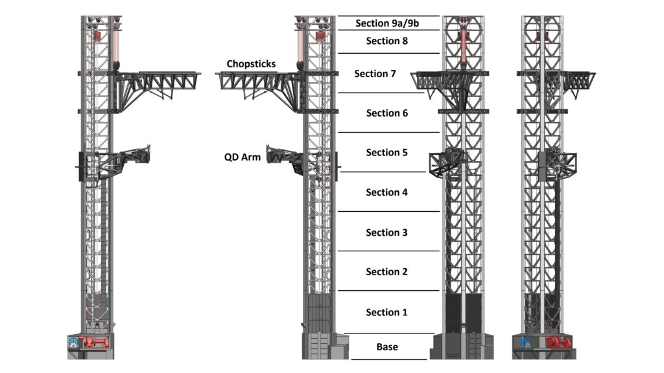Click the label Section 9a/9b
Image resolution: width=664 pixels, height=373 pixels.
point(386,24)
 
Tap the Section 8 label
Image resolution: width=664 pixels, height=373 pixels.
point(386,41)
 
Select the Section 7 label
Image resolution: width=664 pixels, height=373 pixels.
point(375,74)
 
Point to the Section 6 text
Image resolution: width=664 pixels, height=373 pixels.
point(386,113)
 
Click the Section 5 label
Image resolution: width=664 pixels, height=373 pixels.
point(386,153)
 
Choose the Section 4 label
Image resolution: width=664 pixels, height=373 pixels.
point(386,192)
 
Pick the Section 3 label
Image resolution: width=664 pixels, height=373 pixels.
point(386,232)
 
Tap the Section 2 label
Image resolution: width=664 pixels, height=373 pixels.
point(386,272)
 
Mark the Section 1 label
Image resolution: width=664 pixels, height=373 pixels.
point(386,312)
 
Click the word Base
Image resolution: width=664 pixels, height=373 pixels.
point(387,347)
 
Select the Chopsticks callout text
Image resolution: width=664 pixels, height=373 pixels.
point(251,64)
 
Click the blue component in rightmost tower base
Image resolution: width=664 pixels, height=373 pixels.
point(525,343)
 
